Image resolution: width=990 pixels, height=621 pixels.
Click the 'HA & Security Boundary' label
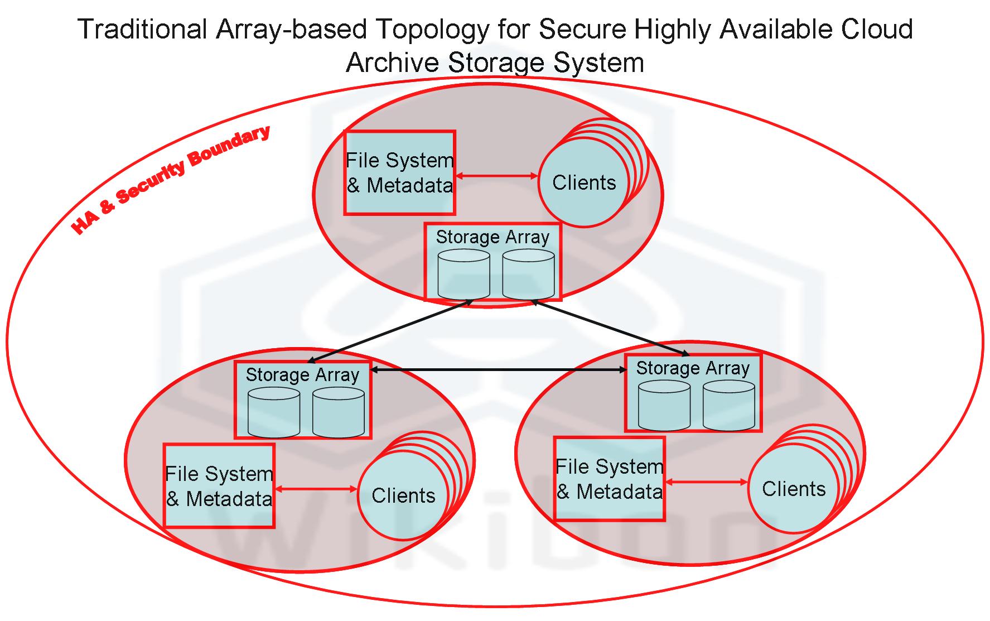(x=171, y=180)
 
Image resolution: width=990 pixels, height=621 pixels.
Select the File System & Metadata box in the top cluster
(x=399, y=173)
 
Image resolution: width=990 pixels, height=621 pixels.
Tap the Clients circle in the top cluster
(x=583, y=182)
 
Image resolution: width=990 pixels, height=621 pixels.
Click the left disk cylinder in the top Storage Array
(x=463, y=275)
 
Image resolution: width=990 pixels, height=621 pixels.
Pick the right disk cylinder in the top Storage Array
(x=528, y=275)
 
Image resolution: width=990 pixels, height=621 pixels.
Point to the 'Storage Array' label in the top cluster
(x=492, y=237)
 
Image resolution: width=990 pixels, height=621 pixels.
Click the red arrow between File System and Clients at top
(x=496, y=176)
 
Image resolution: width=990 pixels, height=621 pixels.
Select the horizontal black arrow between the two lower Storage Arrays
(x=498, y=369)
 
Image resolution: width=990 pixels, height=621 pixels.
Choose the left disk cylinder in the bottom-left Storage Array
(x=273, y=412)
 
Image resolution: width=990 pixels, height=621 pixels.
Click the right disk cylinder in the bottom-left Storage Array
(x=338, y=412)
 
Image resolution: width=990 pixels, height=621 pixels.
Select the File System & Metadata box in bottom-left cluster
(x=219, y=486)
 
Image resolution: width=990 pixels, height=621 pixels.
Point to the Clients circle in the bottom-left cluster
(x=403, y=495)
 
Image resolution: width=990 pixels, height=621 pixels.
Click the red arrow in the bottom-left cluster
(x=316, y=489)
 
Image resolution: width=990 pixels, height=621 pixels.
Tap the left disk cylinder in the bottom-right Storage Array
(x=664, y=406)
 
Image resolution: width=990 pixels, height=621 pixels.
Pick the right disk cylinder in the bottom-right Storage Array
(x=728, y=406)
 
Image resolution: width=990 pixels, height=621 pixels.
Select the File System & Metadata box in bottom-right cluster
(x=610, y=479)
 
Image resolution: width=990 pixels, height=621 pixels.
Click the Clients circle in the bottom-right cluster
(x=793, y=489)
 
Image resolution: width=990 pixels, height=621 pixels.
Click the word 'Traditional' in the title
(x=143, y=29)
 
